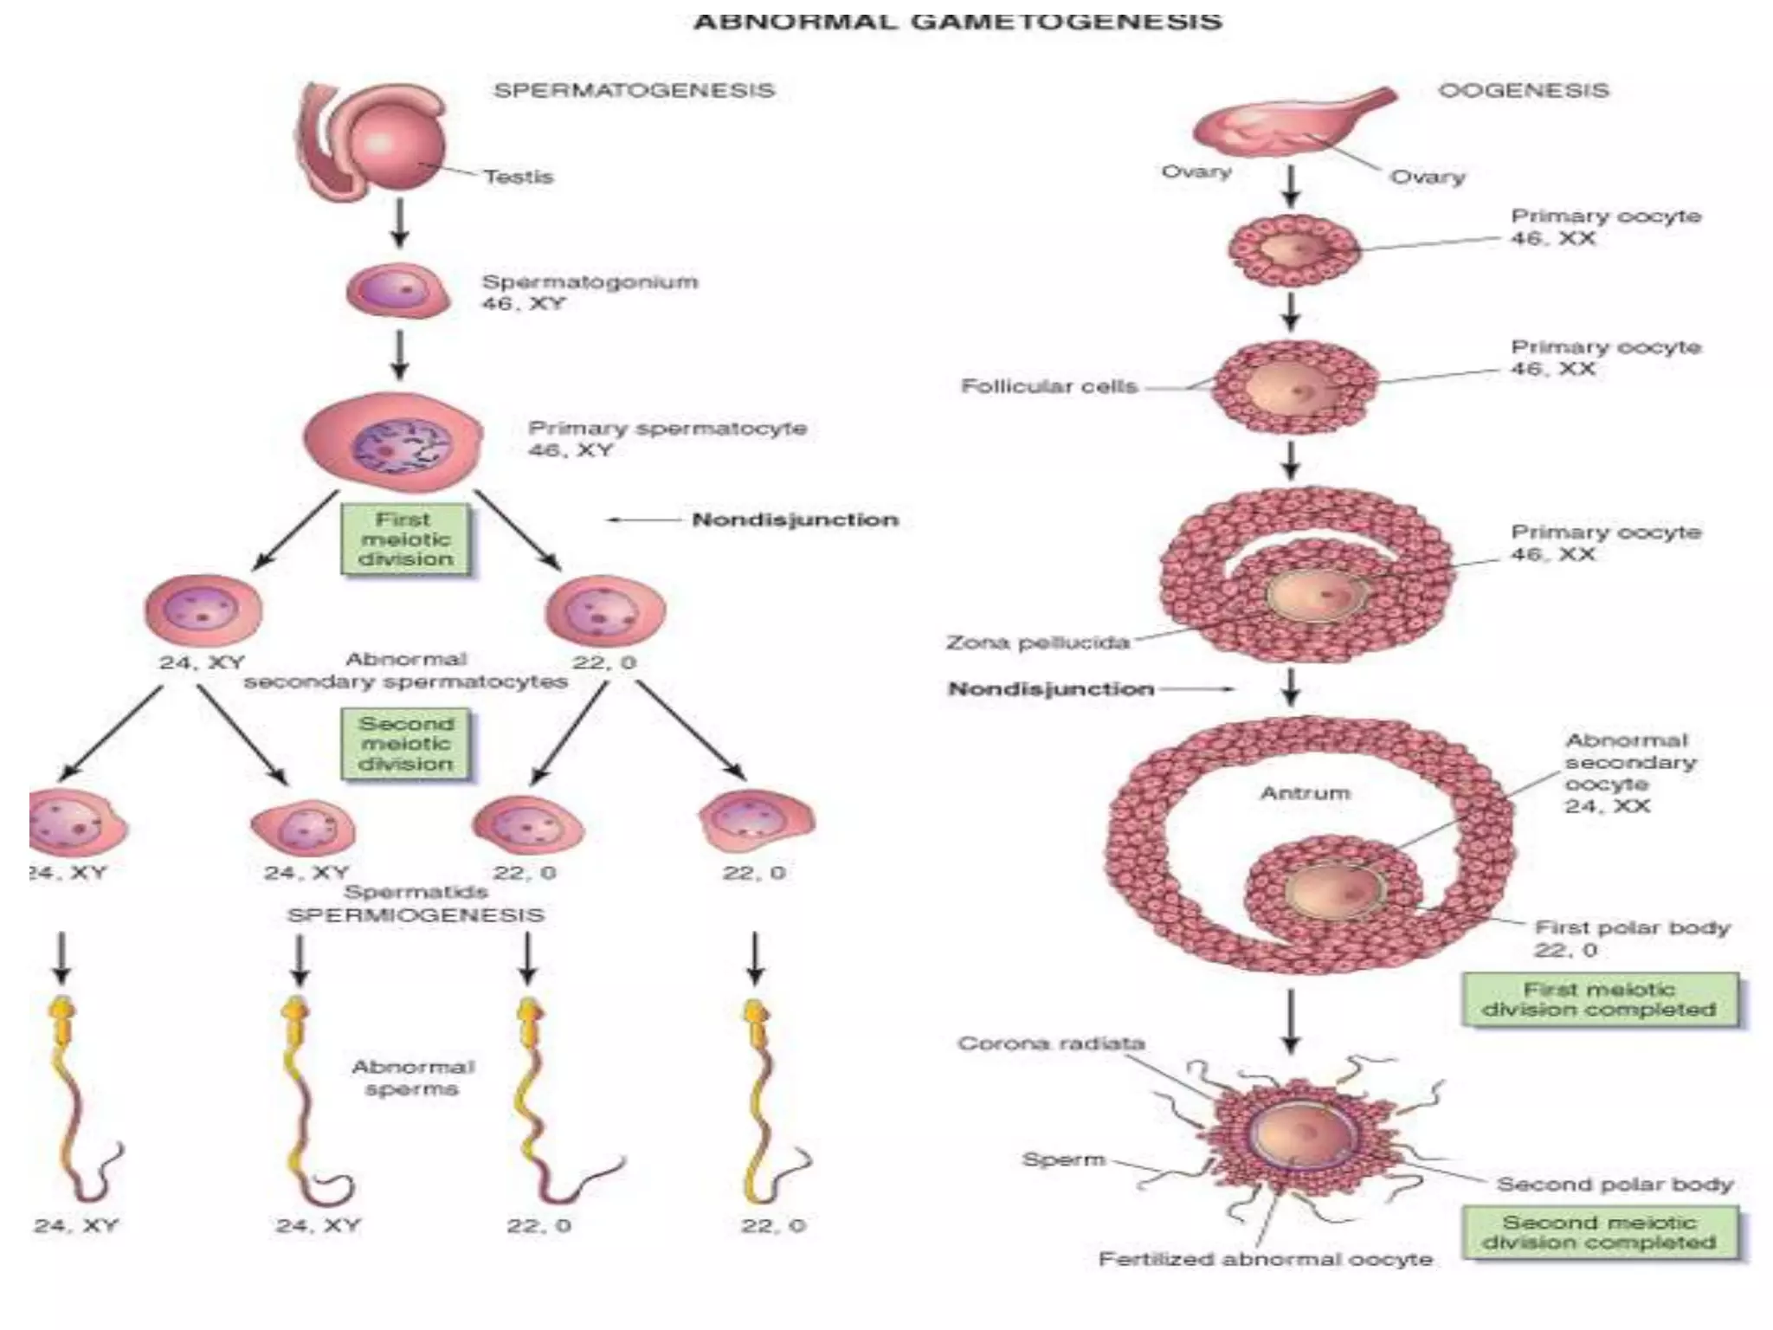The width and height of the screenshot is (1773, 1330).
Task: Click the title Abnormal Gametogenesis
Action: pos(957,22)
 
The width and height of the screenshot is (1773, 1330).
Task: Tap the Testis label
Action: pos(518,177)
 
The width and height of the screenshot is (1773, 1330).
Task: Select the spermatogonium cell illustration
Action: pos(398,290)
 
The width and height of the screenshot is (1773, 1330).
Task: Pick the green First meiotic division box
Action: pos(405,539)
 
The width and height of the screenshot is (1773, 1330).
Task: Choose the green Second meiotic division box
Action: pos(405,744)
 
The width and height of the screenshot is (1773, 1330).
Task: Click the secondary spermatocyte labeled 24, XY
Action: pos(203,610)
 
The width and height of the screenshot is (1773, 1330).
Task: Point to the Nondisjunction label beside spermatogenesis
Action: pos(795,520)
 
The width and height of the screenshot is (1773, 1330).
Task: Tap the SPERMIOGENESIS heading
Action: pos(416,915)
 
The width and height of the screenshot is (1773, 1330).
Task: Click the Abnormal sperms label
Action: pos(412,1078)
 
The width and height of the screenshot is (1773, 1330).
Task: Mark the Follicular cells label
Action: pos(1048,386)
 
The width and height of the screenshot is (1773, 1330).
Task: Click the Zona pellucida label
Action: pos(1037,642)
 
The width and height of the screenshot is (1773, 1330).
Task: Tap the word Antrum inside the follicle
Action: pos(1305,793)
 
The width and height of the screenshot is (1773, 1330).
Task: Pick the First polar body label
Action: pos(1631,928)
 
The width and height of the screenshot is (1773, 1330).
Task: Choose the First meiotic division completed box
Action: pos(1599,999)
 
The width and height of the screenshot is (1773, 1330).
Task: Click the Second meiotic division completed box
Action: pos(1599,1232)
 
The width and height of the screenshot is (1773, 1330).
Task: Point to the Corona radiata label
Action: pos(1051,1043)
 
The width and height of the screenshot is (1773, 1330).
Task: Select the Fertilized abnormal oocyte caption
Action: pos(1265,1259)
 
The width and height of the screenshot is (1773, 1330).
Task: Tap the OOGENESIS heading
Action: pos(1523,90)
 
